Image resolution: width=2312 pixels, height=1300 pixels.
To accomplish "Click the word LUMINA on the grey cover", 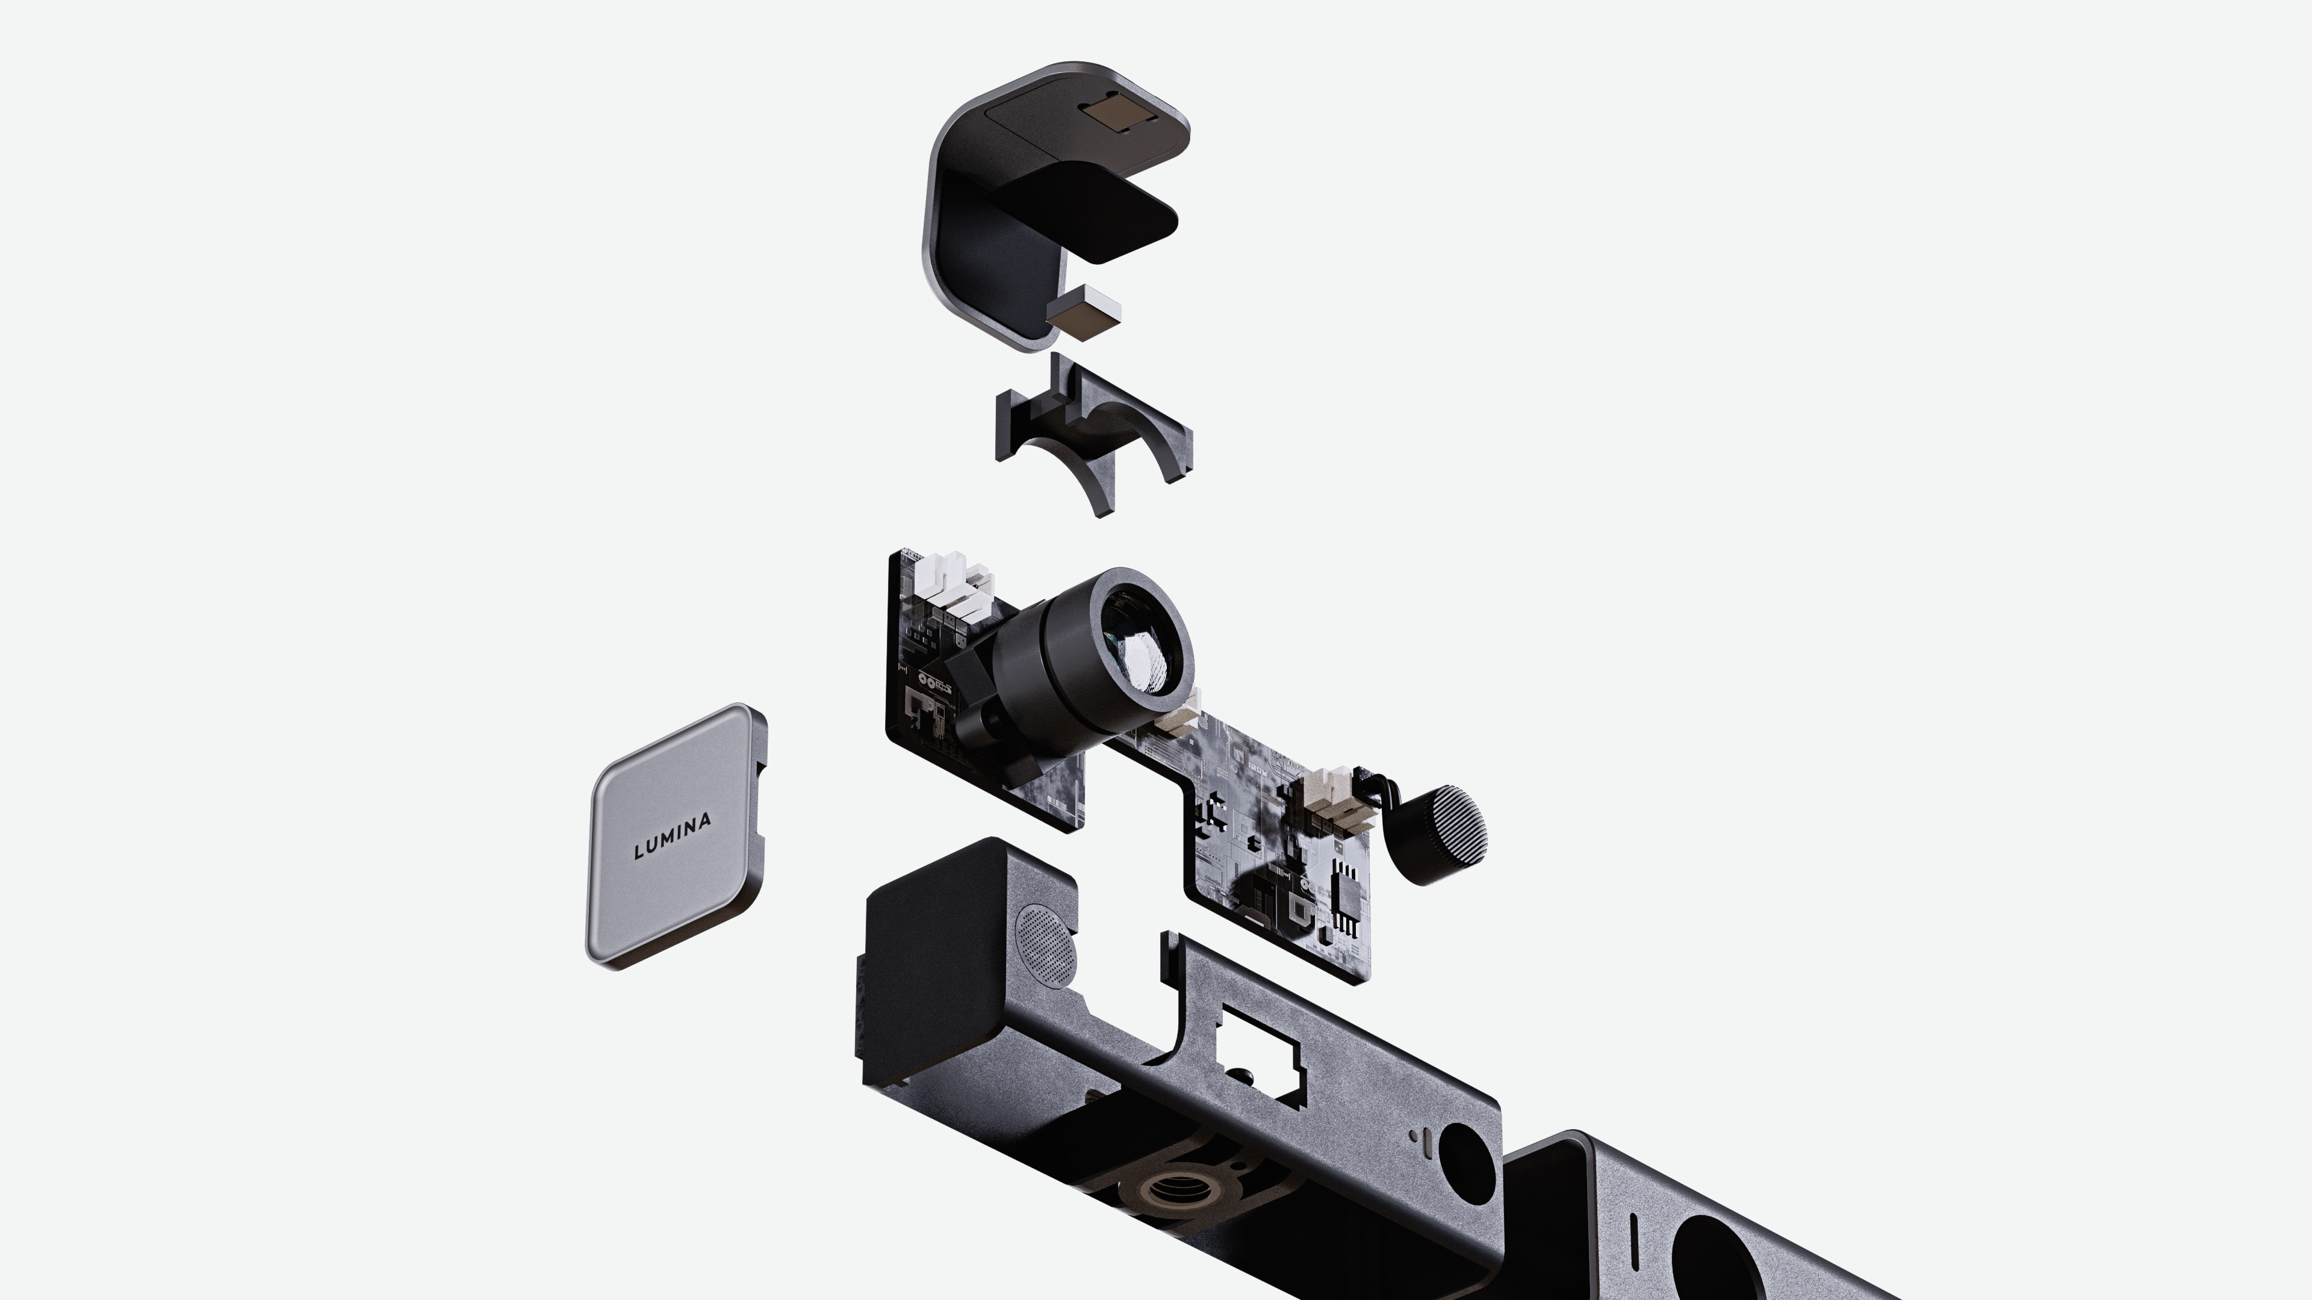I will coord(673,835).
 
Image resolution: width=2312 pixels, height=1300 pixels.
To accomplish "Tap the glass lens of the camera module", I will coord(1138,644).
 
